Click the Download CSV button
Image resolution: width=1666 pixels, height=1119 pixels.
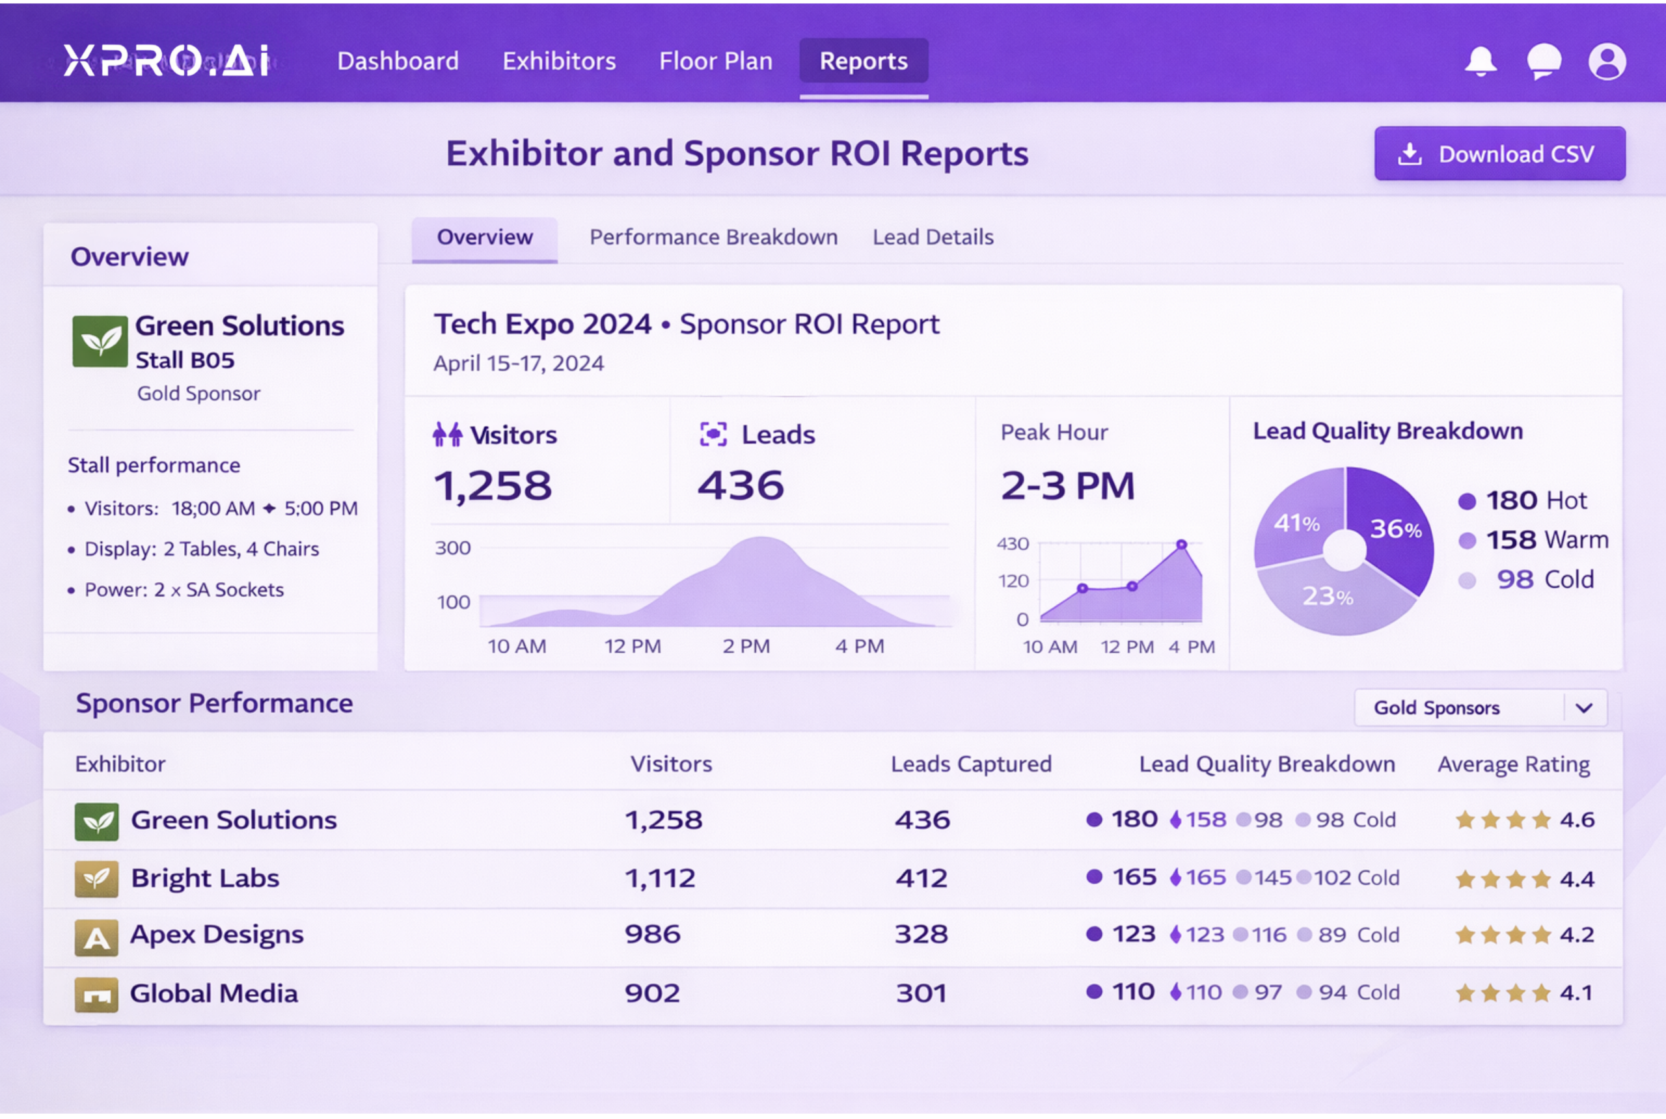(x=1499, y=154)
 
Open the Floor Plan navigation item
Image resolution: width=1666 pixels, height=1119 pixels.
(x=715, y=61)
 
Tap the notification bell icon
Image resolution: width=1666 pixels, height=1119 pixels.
(x=1481, y=61)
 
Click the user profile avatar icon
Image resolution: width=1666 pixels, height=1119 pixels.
(x=1607, y=61)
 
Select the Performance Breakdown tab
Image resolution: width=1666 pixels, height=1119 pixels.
(x=713, y=237)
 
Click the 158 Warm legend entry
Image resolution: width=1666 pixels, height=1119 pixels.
(x=1535, y=540)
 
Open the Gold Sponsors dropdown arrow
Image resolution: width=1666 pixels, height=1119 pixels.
(x=1584, y=708)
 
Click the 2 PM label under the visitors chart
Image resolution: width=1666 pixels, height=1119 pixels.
(x=746, y=647)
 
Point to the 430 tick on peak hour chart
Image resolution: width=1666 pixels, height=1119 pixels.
(x=1012, y=545)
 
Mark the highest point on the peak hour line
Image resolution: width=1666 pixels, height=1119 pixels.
(x=1181, y=545)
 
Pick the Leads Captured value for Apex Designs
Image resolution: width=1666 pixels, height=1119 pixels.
(x=922, y=935)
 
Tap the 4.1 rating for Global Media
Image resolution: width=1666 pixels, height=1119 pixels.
(x=1576, y=993)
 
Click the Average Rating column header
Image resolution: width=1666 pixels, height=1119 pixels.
(x=1513, y=764)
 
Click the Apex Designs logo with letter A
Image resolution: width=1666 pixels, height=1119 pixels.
(x=96, y=937)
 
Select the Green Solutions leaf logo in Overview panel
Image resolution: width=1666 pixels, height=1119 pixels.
(x=100, y=341)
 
